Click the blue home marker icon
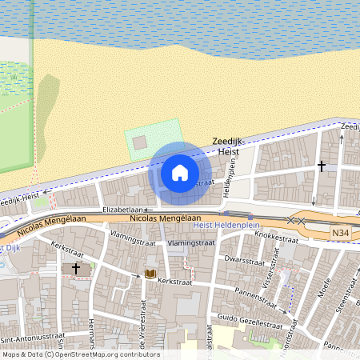pos(180,172)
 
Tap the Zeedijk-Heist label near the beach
pos(232,146)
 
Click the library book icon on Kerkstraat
pos(150,274)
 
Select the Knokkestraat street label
pos(281,237)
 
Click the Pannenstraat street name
pos(255,295)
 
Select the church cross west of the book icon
pos(77,268)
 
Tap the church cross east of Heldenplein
pos(322,166)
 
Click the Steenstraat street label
pos(343,305)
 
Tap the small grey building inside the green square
pos(139,142)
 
